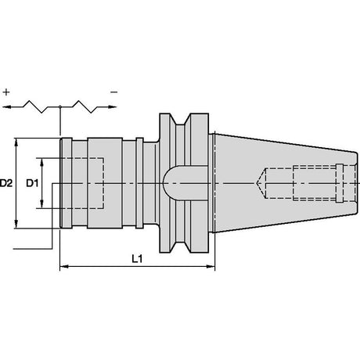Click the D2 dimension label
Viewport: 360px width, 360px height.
pyautogui.click(x=6, y=183)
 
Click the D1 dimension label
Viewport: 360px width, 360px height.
pyautogui.click(x=32, y=183)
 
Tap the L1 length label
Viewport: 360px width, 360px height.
pyautogui.click(x=137, y=259)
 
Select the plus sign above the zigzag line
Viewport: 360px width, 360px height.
pyautogui.click(x=6, y=92)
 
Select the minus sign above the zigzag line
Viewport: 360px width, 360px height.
pyautogui.click(x=114, y=92)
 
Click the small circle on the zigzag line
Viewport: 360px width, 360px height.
pyautogui.click(x=60, y=106)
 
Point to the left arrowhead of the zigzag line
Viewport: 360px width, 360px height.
pyautogui.click(x=6, y=106)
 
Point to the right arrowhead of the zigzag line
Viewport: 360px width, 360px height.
pyautogui.click(x=112, y=106)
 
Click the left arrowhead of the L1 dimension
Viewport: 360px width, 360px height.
pyautogui.click(x=64, y=267)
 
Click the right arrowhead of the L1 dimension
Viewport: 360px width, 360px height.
pyautogui.click(x=211, y=267)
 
